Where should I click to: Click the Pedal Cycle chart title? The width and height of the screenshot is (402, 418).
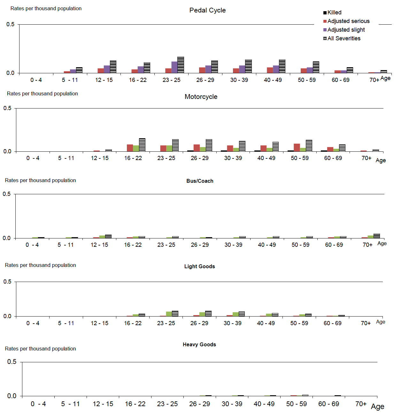click(x=207, y=10)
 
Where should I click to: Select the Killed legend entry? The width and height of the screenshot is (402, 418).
click(x=334, y=12)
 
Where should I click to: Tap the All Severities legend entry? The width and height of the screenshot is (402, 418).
click(x=344, y=38)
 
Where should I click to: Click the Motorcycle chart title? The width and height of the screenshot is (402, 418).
click(x=201, y=97)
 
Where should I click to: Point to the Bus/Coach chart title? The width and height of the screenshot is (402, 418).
click(x=200, y=181)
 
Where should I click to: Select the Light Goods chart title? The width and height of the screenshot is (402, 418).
click(x=199, y=266)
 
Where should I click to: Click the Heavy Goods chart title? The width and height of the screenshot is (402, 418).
click(x=199, y=344)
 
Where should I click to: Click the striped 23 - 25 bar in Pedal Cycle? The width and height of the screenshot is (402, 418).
click(x=181, y=65)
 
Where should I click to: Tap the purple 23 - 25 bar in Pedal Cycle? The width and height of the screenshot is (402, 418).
click(x=174, y=67)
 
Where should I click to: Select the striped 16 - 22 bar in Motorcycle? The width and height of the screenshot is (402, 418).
click(x=142, y=145)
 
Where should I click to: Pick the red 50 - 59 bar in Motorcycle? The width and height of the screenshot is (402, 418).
click(x=297, y=148)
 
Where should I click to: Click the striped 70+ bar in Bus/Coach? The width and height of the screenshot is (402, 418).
click(x=377, y=236)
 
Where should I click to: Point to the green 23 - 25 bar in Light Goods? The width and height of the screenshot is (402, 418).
click(x=169, y=314)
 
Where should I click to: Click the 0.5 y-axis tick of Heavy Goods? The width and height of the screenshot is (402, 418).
click(x=12, y=362)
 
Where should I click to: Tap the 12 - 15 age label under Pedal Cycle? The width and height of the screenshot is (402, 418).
click(x=104, y=80)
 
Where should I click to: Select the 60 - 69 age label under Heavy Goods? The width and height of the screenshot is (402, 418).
click(x=329, y=404)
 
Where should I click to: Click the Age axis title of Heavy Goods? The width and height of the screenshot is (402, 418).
click(x=377, y=406)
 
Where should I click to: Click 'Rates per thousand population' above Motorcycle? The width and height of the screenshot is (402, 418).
click(x=43, y=93)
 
